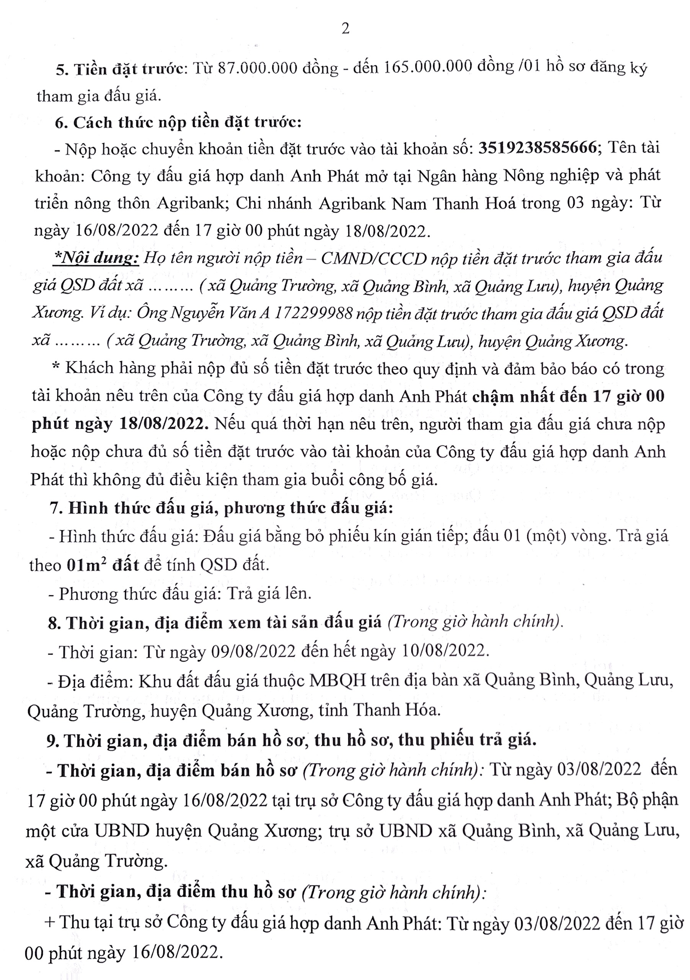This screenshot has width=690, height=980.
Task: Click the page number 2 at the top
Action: tap(345, 29)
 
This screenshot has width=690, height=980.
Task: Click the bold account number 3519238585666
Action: tap(537, 148)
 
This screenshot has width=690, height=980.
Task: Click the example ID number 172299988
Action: tap(314, 314)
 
